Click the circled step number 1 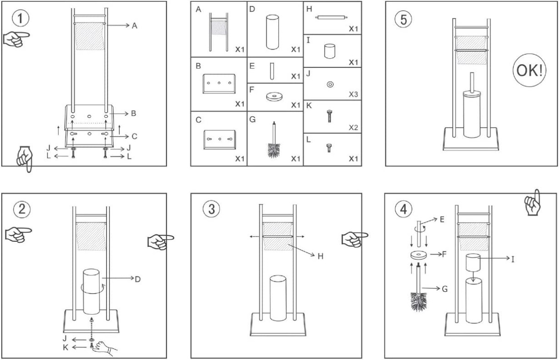[21, 18]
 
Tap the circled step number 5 [404, 19]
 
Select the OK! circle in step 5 [529, 71]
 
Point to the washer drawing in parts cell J [330, 84]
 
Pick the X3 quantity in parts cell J [353, 94]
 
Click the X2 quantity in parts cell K [353, 127]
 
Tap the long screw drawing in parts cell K [329, 116]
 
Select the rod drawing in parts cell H [331, 17]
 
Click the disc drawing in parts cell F [274, 97]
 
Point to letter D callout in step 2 [137, 279]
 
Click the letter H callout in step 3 [320, 256]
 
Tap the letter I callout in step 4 [513, 259]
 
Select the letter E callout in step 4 [442, 219]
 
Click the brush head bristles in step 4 [418, 302]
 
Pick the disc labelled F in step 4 [418, 255]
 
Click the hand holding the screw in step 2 [104, 348]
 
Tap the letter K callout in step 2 [66, 347]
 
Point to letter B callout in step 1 [133, 114]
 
